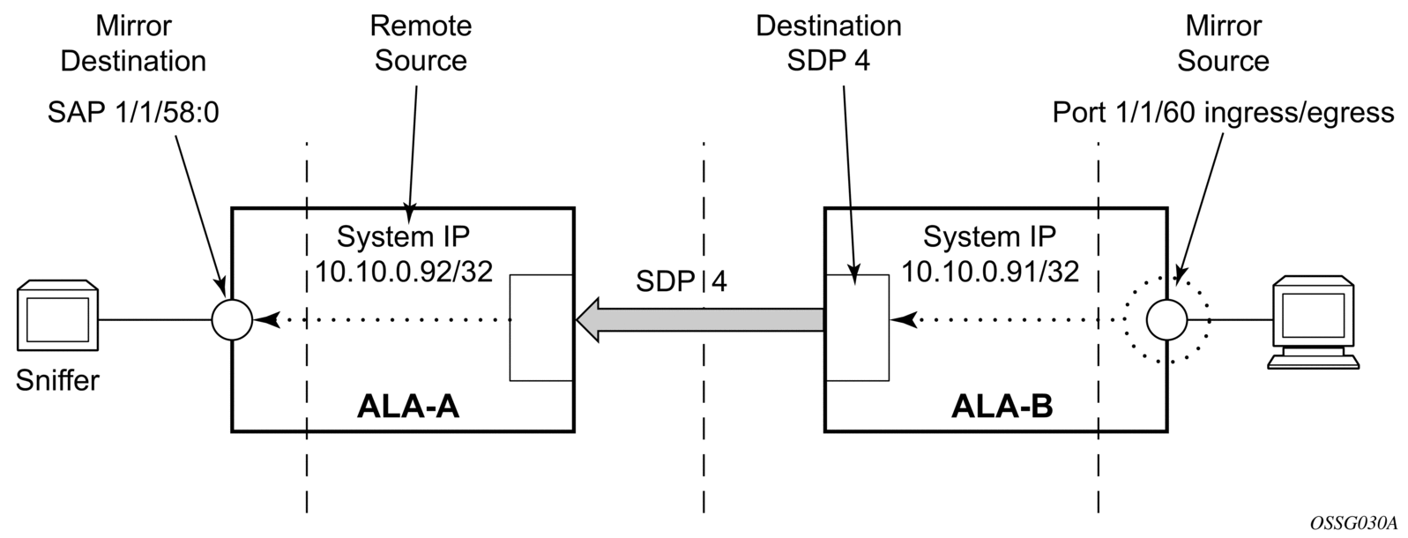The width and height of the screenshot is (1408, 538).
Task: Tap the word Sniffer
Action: (57, 381)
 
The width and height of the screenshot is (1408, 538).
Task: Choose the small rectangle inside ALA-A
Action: (542, 327)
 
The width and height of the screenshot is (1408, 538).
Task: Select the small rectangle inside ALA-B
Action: (856, 327)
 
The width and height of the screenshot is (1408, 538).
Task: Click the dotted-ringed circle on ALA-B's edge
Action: (1167, 319)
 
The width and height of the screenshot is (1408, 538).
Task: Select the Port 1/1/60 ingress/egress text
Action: (1224, 113)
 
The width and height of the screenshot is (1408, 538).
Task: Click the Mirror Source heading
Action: (1223, 43)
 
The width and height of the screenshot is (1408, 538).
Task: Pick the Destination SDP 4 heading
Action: (829, 43)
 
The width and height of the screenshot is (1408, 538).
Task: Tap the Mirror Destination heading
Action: (133, 43)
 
